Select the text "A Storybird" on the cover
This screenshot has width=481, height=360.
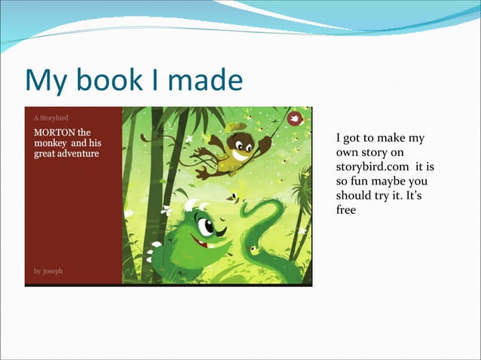pyautogui.click(x=51, y=117)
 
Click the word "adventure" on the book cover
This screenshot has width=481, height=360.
pyautogui.click(x=78, y=154)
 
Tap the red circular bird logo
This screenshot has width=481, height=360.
pyautogui.click(x=295, y=118)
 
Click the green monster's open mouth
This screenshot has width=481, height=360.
pyautogui.click(x=200, y=243)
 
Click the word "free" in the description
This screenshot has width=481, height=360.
pyautogui.click(x=345, y=209)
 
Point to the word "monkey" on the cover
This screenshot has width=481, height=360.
pyautogui.click(x=49, y=143)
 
